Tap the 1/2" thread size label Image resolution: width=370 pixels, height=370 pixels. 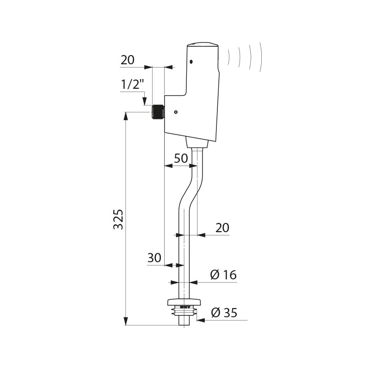132,85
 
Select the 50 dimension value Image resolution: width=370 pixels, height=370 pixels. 181,158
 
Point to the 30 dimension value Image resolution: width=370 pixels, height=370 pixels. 154,258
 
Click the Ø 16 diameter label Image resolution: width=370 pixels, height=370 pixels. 223,275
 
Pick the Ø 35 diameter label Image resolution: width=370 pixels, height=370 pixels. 224,313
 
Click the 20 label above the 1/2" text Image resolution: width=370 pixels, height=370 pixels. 128,60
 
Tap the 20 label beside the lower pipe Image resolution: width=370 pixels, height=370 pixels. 222,228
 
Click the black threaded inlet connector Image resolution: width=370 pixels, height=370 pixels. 158,112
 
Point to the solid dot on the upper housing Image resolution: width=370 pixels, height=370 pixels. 191,62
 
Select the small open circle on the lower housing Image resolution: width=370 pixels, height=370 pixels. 176,112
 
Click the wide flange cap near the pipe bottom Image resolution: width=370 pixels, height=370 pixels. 184,302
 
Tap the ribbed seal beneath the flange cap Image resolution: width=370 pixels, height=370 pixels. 184,310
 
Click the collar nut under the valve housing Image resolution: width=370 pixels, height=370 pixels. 197,142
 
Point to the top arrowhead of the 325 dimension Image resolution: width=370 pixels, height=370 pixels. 126,117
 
